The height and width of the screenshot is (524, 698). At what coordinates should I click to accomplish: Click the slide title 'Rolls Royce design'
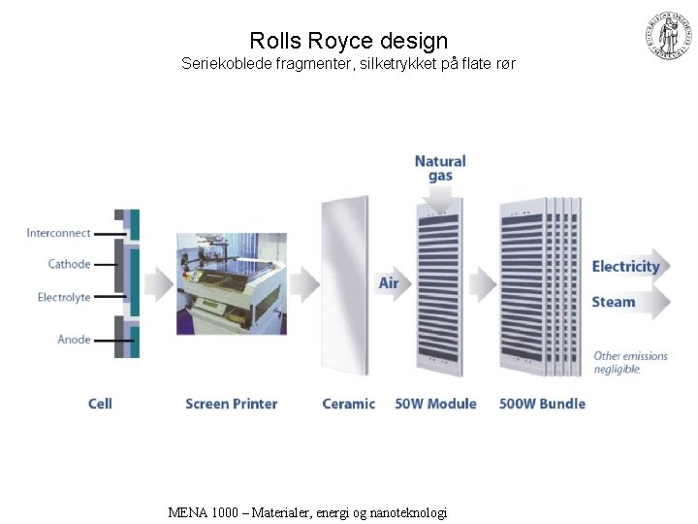[349, 41]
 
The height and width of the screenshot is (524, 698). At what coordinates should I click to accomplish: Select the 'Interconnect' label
[58, 233]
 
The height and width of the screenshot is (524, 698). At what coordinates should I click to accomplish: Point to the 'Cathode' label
[69, 264]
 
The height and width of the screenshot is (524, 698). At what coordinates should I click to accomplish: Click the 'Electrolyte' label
[64, 297]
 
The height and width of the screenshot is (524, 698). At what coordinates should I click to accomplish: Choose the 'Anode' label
[74, 340]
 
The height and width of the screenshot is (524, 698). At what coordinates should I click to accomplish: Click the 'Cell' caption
[100, 404]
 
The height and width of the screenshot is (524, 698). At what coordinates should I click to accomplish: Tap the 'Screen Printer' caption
[231, 404]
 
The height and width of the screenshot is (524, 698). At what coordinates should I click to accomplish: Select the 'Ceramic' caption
[348, 404]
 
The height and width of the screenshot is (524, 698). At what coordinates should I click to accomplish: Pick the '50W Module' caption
[435, 404]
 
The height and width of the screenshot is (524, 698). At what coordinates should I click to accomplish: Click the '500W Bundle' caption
[542, 404]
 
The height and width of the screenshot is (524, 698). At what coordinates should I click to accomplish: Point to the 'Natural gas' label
[440, 169]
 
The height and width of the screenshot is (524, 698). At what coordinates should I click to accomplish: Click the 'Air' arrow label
[389, 283]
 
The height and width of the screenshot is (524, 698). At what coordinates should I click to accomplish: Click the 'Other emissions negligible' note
[630, 362]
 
